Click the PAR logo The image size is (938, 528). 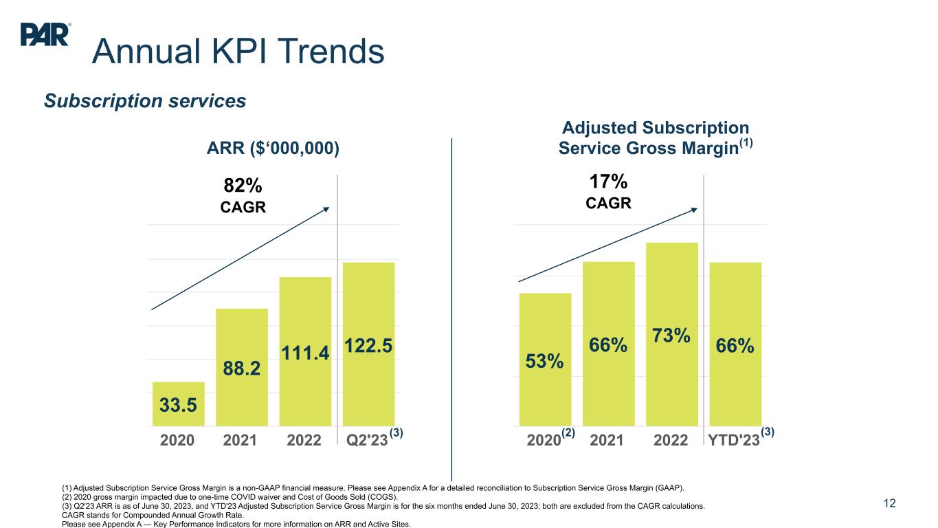[45, 34]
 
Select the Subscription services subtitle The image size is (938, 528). [145, 101]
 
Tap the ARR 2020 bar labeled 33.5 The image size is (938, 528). [179, 404]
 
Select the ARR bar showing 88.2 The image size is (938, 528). [242, 367]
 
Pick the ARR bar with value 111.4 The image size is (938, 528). [305, 351]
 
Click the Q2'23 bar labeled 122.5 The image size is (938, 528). [368, 344]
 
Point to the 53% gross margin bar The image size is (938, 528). [546, 360]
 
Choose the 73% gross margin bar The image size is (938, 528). [672, 334]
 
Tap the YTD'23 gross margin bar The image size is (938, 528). [735, 344]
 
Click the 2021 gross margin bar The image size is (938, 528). [609, 344]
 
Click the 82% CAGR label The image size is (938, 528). [243, 195]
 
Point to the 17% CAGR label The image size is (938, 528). [608, 192]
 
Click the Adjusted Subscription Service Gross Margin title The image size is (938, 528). [655, 138]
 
